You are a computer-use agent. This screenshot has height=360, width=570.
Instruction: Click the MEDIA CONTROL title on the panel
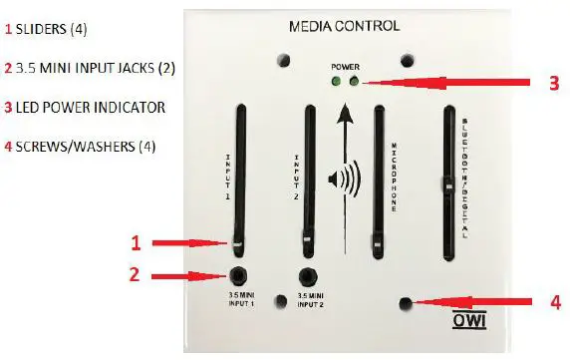[x=343, y=26]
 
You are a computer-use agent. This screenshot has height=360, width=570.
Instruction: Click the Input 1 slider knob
[x=239, y=241]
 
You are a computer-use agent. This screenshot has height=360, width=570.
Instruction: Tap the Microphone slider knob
[x=377, y=241]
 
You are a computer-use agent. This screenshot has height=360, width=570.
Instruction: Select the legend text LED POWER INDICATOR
[x=84, y=107]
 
